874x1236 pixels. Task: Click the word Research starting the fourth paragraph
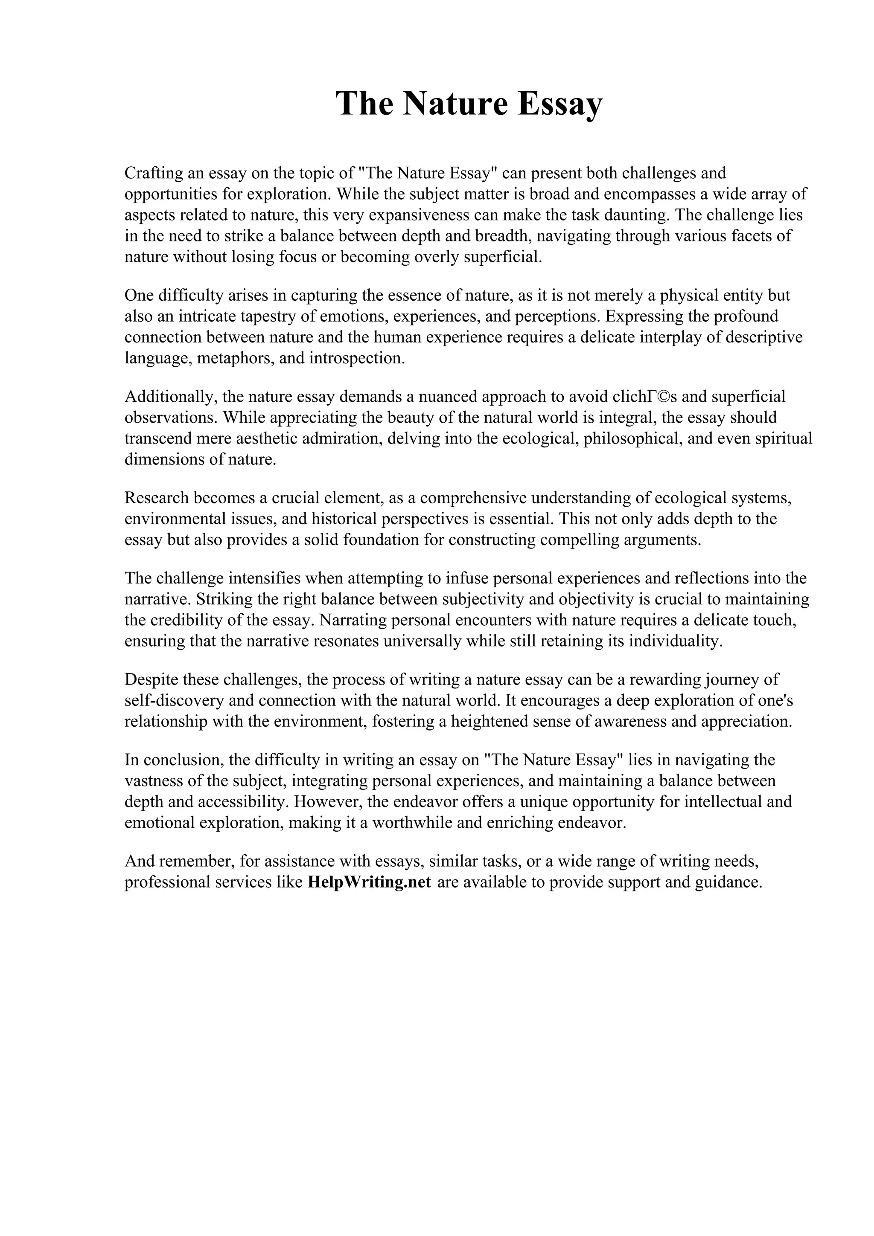(x=156, y=498)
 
